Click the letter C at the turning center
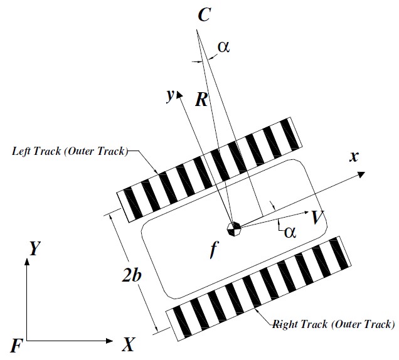coord(204,16)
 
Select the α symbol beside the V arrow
coord(289,232)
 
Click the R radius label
coord(201,100)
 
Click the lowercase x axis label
coord(354,157)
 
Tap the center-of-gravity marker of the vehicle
coord(234,228)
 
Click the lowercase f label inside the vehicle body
coord(214,252)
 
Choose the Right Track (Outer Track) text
coord(333,324)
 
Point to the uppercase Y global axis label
coord(35,249)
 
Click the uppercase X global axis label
coord(129,344)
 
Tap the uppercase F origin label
coord(17,344)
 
